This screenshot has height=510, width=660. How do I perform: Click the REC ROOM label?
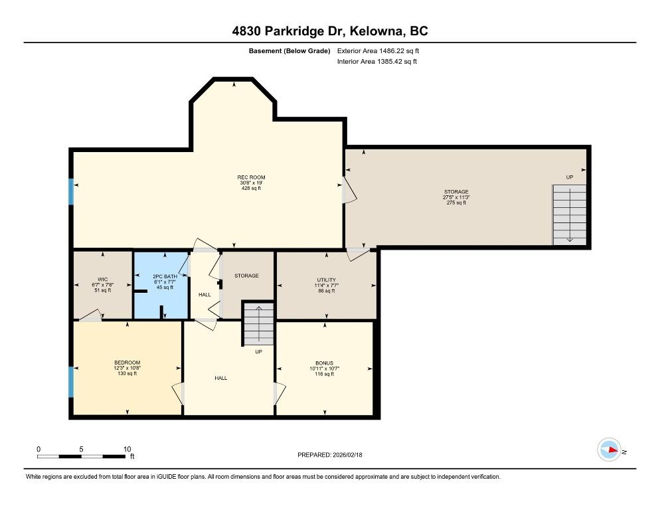[x=251, y=177]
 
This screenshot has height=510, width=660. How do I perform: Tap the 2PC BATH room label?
[x=165, y=276]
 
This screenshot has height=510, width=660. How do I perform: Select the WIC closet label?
[x=103, y=279]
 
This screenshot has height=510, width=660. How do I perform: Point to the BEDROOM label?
[x=127, y=363]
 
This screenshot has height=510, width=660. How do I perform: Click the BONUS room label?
[x=325, y=363]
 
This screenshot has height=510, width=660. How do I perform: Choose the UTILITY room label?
[x=326, y=280]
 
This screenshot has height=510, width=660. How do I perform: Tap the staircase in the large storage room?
[x=570, y=214]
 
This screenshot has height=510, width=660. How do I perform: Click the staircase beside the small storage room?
[x=258, y=324]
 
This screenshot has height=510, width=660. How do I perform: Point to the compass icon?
[x=609, y=450]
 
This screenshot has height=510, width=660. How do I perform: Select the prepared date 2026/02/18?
[x=347, y=455]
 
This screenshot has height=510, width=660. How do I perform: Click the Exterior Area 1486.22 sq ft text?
[x=378, y=51]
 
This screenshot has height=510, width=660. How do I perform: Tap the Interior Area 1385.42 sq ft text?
[x=377, y=62]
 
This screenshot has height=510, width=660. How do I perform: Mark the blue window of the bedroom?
[x=70, y=382]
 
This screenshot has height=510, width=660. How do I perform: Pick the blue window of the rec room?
[x=70, y=192]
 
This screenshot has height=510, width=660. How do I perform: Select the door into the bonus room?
[x=280, y=394]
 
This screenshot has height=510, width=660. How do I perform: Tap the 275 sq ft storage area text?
[x=456, y=203]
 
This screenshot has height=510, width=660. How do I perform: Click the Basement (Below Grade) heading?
[x=289, y=51]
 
